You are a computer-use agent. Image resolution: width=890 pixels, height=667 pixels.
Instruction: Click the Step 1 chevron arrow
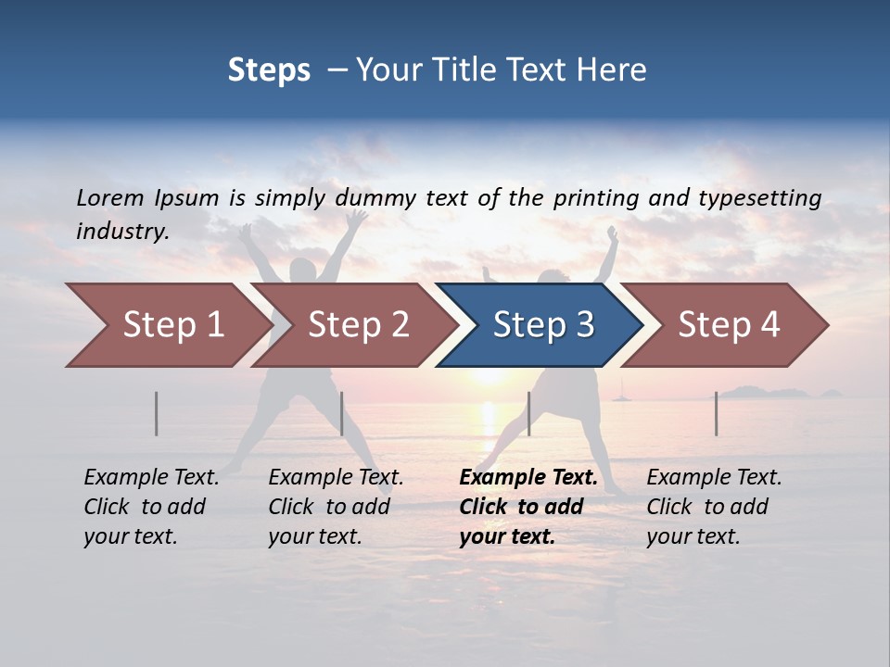(167, 325)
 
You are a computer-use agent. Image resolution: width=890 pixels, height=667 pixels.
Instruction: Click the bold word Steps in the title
(269, 70)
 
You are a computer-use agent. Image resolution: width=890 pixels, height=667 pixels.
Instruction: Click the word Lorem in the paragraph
(110, 197)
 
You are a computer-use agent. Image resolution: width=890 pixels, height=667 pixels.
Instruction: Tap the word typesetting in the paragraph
(759, 198)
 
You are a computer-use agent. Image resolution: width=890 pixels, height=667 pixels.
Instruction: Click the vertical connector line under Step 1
(157, 413)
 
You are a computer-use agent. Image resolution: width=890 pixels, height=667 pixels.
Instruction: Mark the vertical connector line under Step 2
(342, 413)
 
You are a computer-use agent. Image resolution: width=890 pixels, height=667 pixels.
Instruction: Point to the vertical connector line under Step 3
(528, 413)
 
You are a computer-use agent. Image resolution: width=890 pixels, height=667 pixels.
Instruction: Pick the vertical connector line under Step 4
(716, 413)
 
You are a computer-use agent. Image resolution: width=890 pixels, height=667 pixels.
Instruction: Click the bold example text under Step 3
(528, 507)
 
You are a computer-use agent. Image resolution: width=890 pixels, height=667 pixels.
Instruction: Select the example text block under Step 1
(151, 507)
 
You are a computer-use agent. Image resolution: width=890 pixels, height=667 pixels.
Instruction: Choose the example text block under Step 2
(336, 507)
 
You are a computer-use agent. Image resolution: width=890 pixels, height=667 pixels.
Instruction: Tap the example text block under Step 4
(714, 507)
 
